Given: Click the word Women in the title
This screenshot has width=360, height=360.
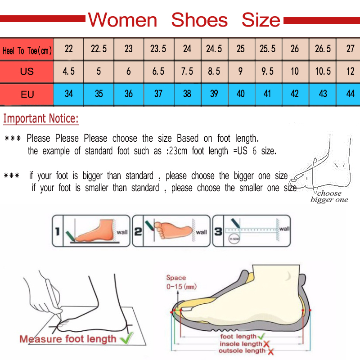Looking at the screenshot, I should [122, 20].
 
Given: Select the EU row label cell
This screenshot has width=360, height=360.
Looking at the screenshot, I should [27, 94].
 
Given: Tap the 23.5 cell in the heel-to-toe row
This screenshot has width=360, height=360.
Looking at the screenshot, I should [158, 49].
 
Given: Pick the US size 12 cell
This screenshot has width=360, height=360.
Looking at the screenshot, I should [350, 71].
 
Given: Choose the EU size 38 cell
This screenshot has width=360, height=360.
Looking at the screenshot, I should [187, 94].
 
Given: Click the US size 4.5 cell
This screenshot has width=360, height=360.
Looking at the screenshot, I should [68, 71].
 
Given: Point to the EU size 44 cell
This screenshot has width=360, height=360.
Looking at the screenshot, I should [350, 94].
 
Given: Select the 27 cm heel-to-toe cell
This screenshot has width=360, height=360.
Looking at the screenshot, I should [350, 49].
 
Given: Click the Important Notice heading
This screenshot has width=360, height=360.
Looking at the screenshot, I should [41, 119].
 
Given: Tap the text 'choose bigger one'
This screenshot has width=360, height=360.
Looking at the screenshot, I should [329, 197].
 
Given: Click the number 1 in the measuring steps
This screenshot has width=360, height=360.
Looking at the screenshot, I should [57, 232].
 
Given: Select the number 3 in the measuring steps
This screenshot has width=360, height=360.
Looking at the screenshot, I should [218, 232].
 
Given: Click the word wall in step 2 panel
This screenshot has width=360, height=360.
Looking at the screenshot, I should [201, 232].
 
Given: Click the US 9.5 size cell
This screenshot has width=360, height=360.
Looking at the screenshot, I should [267, 71].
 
